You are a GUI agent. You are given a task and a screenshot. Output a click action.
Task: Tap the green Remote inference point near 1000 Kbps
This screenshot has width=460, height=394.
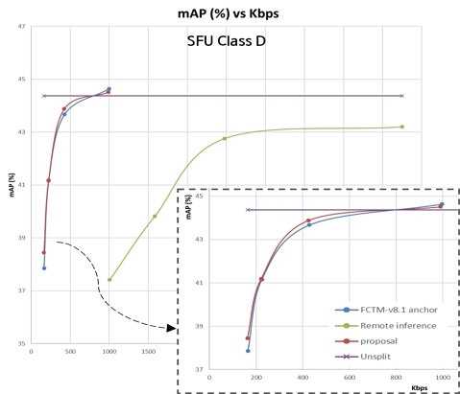click(109, 280)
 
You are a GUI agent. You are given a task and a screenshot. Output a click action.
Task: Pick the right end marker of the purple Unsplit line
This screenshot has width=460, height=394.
click(401, 96)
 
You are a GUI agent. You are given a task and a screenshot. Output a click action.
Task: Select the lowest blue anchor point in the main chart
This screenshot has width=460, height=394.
click(44, 267)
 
